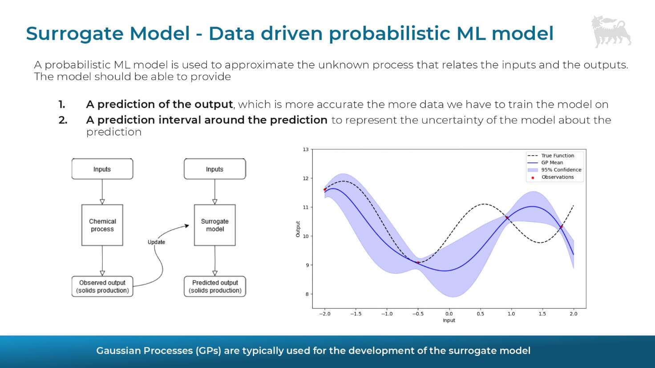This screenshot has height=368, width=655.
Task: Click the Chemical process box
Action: [102, 225]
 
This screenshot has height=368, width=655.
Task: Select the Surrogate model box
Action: [214, 225]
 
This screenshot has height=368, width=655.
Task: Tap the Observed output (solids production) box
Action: [102, 286]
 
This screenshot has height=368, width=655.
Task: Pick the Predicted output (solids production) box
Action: [215, 286]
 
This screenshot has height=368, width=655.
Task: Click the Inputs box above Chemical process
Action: [102, 169]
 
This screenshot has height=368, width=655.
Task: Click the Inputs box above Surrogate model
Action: [214, 169]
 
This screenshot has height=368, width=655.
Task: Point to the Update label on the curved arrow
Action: [156, 242]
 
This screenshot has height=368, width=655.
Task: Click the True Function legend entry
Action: [557, 156]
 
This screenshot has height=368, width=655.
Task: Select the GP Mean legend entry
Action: [552, 163]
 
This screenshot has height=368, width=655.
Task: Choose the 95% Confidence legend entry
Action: [561, 170]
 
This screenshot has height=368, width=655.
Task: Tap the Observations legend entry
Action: [557, 177]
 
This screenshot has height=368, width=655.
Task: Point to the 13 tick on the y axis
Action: [306, 149]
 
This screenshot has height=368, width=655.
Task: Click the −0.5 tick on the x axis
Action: [418, 314]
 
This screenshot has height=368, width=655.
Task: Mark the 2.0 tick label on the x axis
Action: [573, 314]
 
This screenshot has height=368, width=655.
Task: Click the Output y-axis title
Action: [298, 229]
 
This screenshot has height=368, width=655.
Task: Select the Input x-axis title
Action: [449, 320]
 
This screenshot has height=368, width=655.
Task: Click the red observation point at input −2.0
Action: [325, 190]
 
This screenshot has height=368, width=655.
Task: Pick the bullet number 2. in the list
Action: [63, 120]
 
